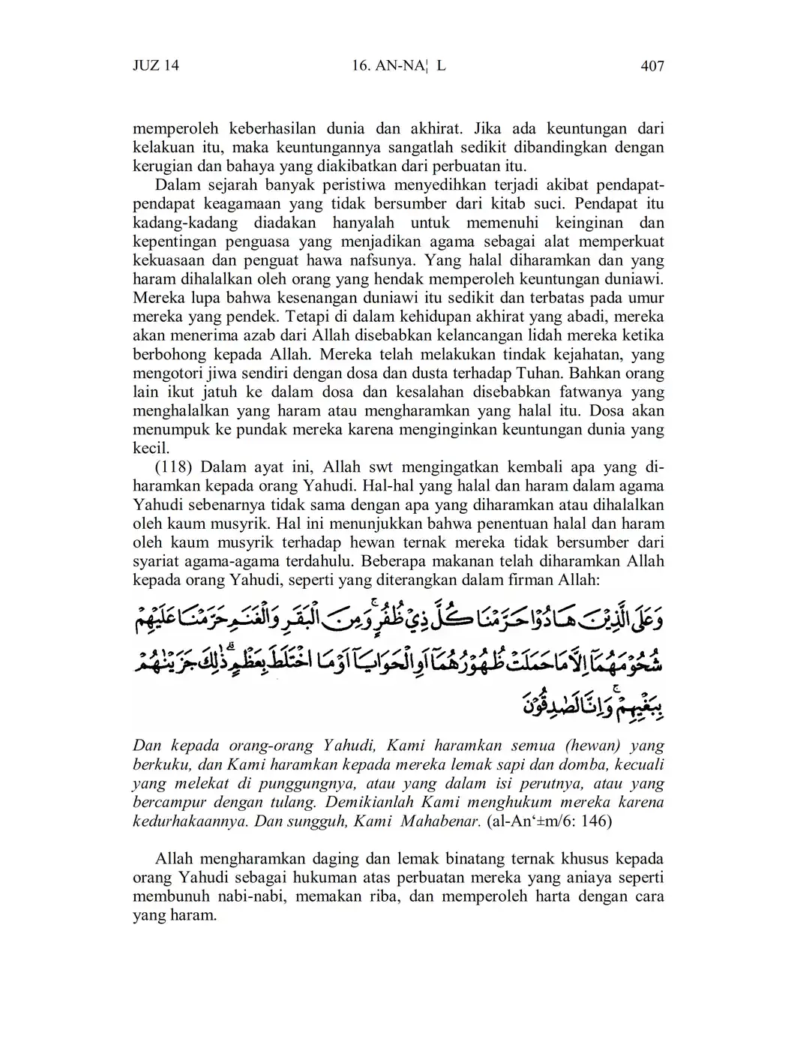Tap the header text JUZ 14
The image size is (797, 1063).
pyautogui.click(x=156, y=66)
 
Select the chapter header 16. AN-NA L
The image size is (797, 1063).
pyautogui.click(x=398, y=66)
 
